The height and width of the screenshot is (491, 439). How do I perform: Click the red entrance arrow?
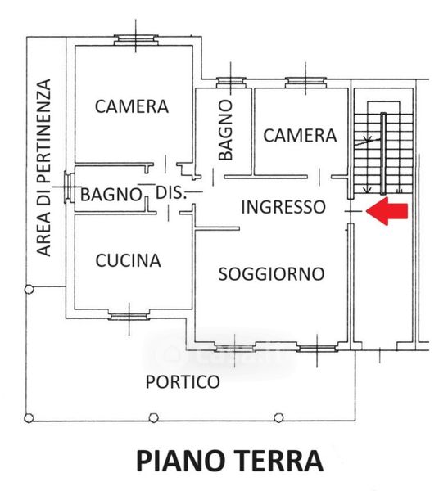pos(387,211)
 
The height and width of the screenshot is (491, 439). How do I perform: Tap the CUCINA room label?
pos(128,260)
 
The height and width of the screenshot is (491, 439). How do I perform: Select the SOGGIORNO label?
pos(271,274)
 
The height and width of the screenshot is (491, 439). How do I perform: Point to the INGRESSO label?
pos(283,207)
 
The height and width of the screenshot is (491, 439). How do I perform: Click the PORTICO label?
pos(183,381)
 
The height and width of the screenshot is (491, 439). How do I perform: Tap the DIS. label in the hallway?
pos(171,193)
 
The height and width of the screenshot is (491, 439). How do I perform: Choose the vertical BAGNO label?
pos(226,130)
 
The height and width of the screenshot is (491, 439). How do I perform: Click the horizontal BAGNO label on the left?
pos(111,195)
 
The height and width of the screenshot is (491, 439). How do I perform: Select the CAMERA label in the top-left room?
pos(132,106)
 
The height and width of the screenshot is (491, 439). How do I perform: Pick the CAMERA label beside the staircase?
pos(300,136)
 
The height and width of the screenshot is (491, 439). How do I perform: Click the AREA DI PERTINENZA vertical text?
pos(43,168)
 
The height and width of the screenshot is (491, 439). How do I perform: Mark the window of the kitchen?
pos(129,317)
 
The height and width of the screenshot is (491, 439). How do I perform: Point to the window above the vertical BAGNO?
pos(231,83)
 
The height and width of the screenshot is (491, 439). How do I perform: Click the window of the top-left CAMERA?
pos(135,40)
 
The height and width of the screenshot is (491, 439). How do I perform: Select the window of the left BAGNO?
pos(69,187)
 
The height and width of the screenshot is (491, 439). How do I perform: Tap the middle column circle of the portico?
pos(153,417)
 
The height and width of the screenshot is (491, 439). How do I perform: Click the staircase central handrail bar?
pos(383,153)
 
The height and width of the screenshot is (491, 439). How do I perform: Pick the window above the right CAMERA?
pos(305,83)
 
